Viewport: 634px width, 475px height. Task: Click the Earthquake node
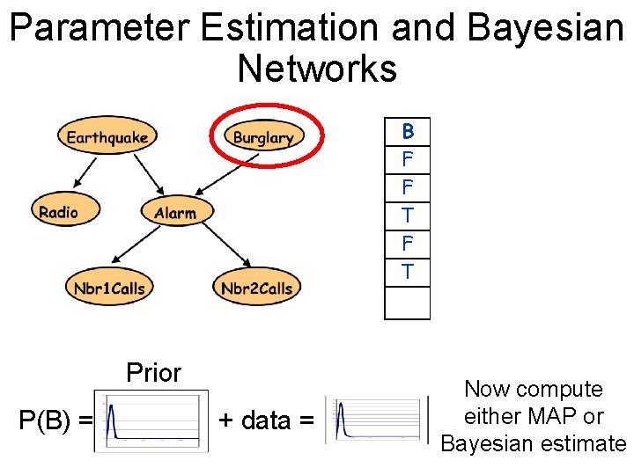click(x=107, y=136)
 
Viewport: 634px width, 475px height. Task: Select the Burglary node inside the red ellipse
click(x=263, y=137)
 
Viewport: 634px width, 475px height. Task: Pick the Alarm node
click(x=175, y=213)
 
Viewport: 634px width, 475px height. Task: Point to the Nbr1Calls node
click(x=109, y=288)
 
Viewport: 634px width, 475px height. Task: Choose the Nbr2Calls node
click(x=256, y=288)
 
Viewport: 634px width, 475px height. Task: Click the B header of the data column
click(x=408, y=132)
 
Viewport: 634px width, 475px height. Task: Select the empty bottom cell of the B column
click(x=408, y=303)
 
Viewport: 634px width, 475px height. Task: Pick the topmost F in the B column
click(x=408, y=160)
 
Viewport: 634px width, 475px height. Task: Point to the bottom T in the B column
click(x=408, y=272)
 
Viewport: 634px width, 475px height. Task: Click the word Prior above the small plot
click(x=153, y=373)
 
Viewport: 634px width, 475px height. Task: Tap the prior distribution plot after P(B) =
click(x=151, y=421)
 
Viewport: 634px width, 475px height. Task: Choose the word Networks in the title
click(x=317, y=68)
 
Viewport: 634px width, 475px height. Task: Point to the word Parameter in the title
click(x=99, y=28)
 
